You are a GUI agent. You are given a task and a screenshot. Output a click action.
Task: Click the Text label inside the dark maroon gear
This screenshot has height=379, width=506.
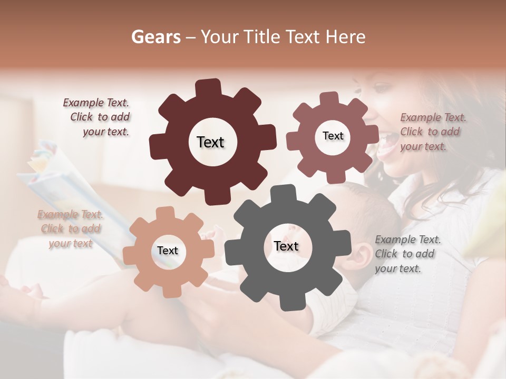coord(210,142)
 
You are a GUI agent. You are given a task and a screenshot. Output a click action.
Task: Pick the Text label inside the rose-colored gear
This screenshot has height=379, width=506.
coord(333,136)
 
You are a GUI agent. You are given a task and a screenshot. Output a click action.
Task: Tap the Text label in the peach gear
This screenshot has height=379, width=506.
coord(167,251)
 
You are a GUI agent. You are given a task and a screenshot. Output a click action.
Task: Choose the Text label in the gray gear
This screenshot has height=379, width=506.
coord(286,246)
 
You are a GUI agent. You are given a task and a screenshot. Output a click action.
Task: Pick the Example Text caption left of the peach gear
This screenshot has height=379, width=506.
coord(70,228)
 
